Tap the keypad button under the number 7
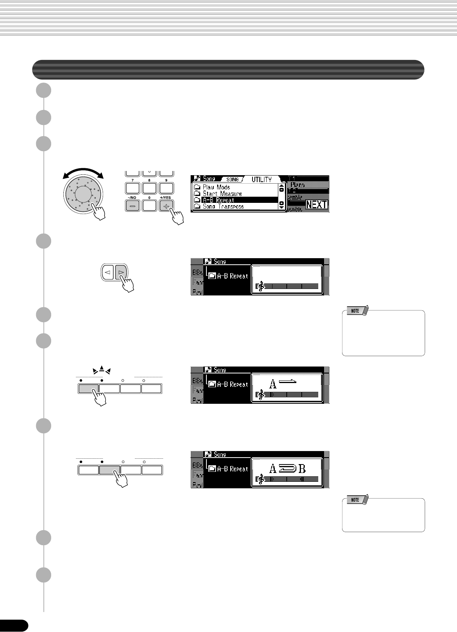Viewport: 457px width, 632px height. click(x=132, y=188)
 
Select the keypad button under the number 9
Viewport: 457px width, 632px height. click(x=166, y=188)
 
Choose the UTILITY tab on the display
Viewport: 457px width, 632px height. click(x=261, y=179)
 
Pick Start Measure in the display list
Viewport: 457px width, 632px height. click(x=222, y=194)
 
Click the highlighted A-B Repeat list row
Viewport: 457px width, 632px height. click(x=234, y=200)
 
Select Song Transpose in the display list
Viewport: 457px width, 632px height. click(x=223, y=207)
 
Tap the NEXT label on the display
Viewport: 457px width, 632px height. click(x=317, y=204)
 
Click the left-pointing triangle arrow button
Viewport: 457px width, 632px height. click(x=108, y=272)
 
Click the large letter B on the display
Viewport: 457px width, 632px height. click(x=302, y=469)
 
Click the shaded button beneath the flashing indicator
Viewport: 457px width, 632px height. click(x=88, y=388)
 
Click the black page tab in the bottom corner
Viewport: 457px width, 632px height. click(x=14, y=625)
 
